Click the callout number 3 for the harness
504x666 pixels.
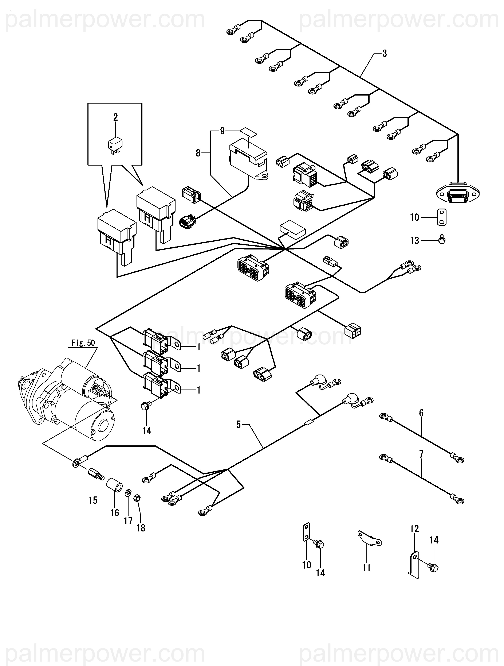[384, 54]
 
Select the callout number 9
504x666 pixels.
[222, 131]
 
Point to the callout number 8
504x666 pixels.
[198, 153]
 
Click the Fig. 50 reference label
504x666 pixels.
[83, 343]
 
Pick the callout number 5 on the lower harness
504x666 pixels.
[239, 425]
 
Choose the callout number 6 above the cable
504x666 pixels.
[421, 413]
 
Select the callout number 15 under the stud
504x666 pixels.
[93, 500]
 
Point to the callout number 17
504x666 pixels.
[128, 520]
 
